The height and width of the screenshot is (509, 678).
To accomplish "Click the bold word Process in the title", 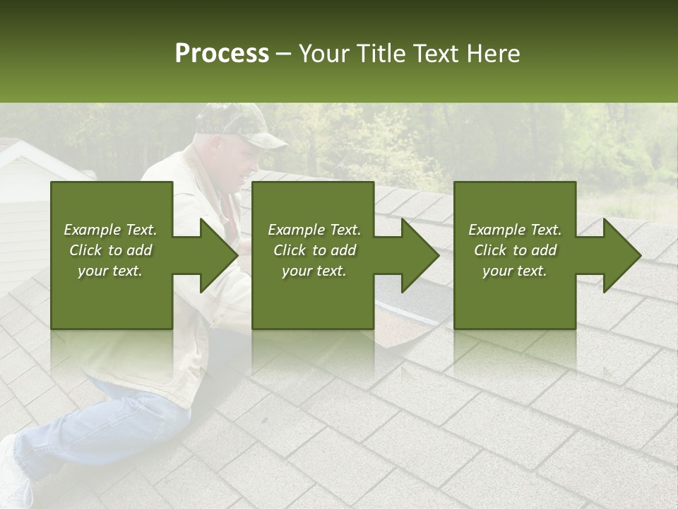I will point(222,54).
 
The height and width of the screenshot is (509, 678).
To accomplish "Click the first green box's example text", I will point(111,250).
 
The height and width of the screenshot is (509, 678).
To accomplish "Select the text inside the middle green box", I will point(314,250).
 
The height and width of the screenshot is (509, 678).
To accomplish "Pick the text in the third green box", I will point(515,250).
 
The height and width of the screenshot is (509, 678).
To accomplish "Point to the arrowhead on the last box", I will point(621,255).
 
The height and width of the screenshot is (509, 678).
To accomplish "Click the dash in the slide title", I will point(284,54).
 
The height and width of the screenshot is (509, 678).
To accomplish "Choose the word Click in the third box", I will point(489,250).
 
